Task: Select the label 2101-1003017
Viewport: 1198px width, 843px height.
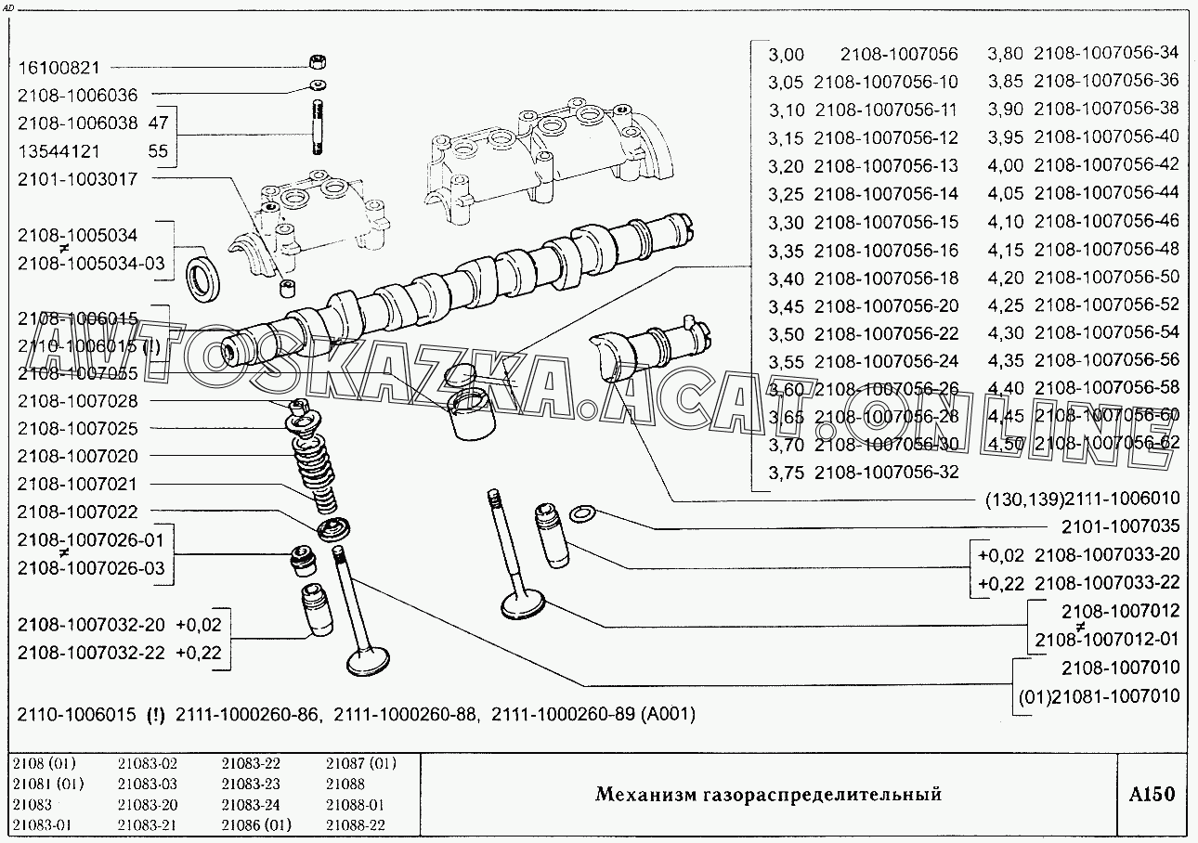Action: (77, 179)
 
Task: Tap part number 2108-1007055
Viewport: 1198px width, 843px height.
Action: (77, 373)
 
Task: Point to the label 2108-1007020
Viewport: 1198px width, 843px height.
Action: (77, 456)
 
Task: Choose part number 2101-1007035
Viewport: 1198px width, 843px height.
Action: (1121, 527)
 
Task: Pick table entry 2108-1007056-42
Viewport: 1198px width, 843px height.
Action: (1106, 165)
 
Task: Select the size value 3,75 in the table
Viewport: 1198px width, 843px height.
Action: (787, 473)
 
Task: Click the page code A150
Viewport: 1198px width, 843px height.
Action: (1152, 794)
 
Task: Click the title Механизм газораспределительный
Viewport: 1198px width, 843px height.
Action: (767, 794)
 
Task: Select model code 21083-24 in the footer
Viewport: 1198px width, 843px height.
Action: (251, 805)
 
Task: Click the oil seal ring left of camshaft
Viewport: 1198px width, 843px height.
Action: (204, 276)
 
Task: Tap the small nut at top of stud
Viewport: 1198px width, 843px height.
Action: (318, 64)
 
